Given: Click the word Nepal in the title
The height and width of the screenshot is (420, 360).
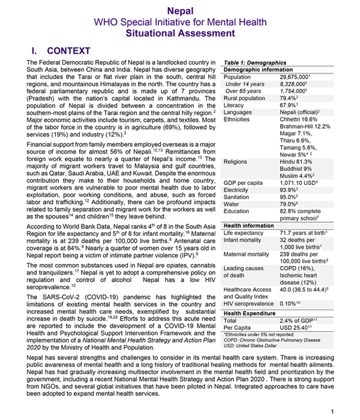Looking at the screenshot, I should [180, 10].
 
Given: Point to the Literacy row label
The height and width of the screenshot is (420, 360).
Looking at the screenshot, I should [233, 105].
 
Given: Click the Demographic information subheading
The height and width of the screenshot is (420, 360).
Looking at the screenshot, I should [258, 69].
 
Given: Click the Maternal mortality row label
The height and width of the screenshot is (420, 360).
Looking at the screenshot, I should [246, 254].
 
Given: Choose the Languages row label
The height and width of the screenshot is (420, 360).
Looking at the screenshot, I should [237, 112].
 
